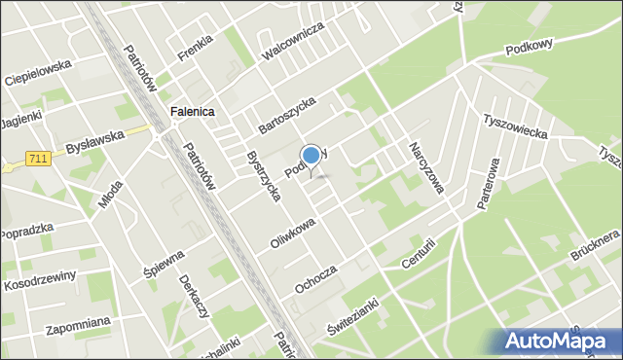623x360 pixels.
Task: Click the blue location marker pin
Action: tap(311, 157)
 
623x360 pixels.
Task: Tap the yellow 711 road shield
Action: tap(39, 159)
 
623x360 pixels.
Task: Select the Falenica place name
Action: tap(192, 112)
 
